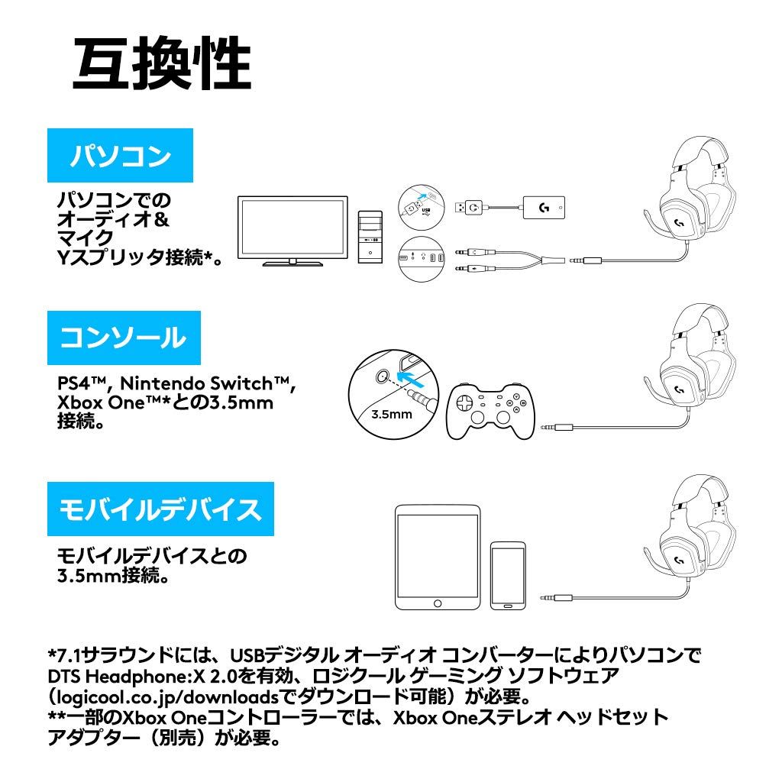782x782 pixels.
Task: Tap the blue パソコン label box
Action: coord(120,157)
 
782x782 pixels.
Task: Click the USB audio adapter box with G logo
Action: coord(544,206)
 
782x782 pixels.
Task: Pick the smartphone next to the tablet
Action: coord(508,576)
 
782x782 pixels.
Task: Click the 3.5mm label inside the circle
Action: coord(392,415)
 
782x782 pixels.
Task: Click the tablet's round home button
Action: coord(437,603)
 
